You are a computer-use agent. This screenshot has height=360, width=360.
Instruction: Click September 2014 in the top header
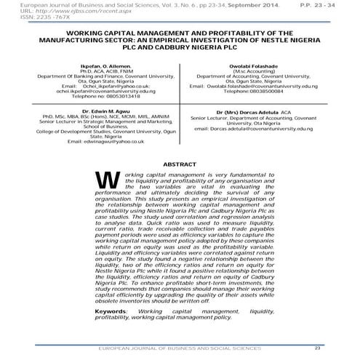pyautogui.click(x=224, y=6)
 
